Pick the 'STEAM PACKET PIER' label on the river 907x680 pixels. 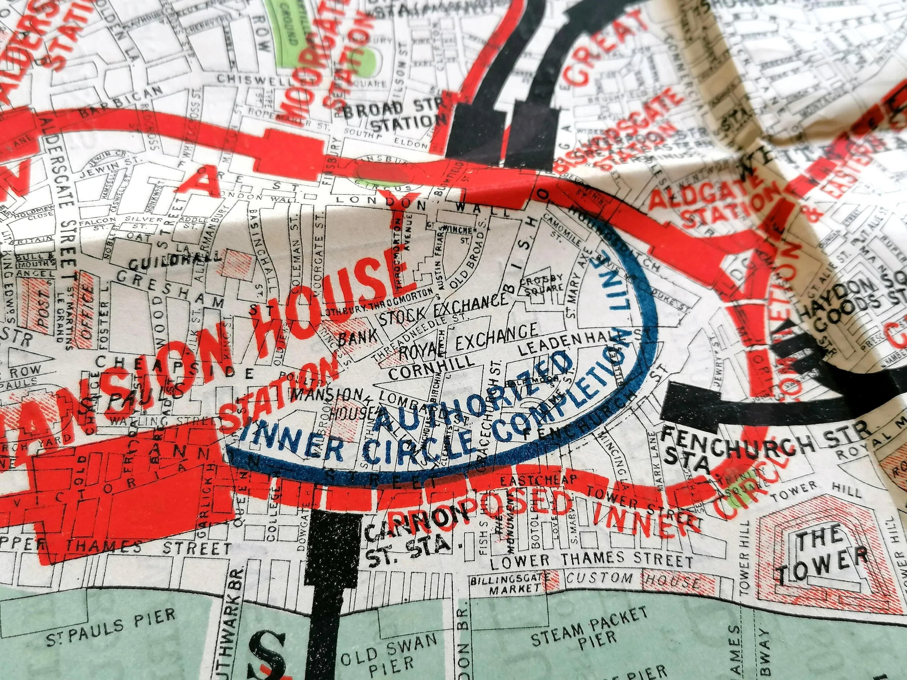pyautogui.click(x=590, y=632)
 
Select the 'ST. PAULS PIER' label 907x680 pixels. pyautogui.click(x=111, y=632)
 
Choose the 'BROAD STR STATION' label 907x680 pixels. pyautogui.click(x=394, y=115)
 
